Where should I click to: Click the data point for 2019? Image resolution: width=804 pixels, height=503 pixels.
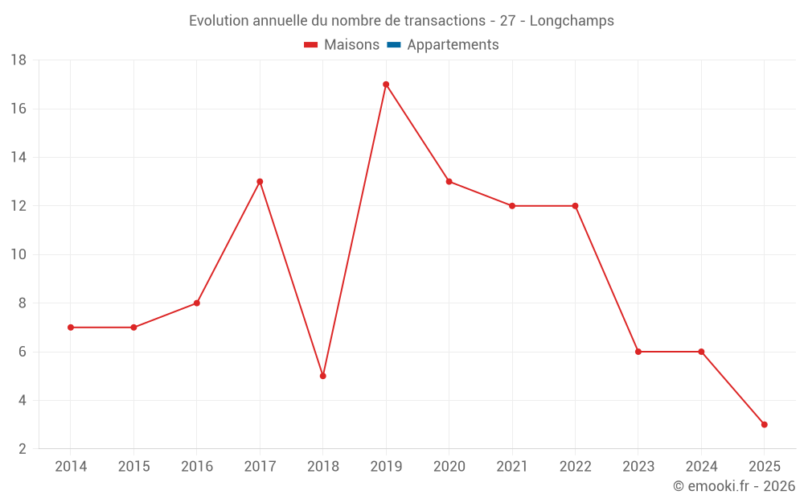[x=386, y=85]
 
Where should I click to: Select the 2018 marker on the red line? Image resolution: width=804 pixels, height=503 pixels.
[x=323, y=376]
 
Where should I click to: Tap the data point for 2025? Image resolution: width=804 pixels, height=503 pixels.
[x=764, y=424]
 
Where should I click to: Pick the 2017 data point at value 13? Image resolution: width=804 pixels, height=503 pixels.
[x=260, y=182]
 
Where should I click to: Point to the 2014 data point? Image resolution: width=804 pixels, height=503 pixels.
[x=71, y=328]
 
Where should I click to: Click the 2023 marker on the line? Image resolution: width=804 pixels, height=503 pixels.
[x=638, y=352]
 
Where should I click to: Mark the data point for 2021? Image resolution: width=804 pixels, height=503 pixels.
[x=512, y=206]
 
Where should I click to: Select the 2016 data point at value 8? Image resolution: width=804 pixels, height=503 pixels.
[x=197, y=303]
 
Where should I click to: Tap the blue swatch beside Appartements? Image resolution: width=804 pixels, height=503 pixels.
[x=393, y=45]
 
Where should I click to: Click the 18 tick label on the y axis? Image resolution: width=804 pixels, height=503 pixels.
[x=18, y=60]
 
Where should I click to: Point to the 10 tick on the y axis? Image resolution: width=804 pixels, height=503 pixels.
[x=18, y=255]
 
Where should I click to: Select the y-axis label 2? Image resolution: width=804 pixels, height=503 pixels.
[x=23, y=449]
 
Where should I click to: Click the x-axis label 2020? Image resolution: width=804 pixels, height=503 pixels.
[x=449, y=467]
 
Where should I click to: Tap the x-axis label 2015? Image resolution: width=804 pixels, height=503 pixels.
[x=133, y=467]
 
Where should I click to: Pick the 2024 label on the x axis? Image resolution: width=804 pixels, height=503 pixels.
[x=701, y=467]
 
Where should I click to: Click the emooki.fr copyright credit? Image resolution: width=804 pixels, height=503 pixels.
[x=734, y=486]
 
